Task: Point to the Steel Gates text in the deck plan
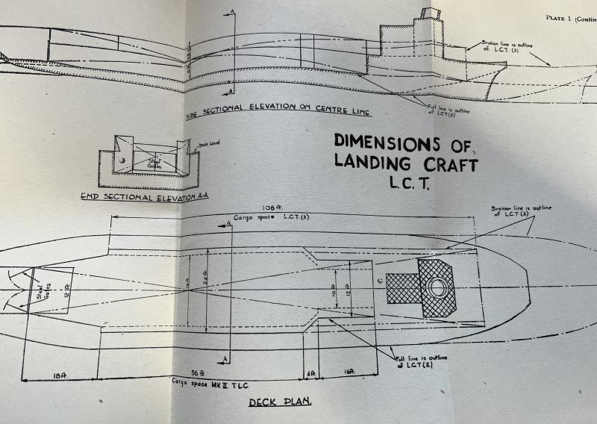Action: tap(38, 287)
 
